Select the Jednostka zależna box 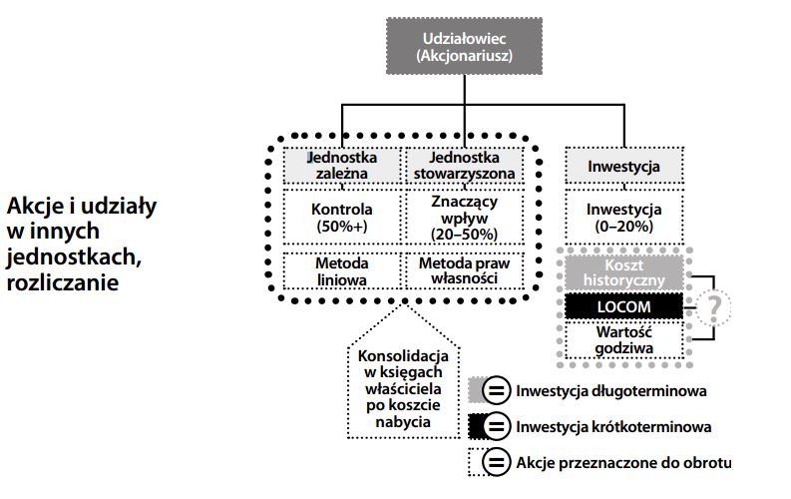341,165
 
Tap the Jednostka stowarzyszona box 462,165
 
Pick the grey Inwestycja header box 624,165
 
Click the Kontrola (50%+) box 341,219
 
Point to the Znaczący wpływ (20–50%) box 462,219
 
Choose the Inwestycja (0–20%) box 624,219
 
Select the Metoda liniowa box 341,271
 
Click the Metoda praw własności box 462,271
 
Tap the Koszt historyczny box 624,271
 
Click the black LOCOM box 624,305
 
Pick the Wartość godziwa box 624,339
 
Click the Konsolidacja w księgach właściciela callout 398,389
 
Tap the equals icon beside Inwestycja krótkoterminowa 495,426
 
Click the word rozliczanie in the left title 63,281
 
